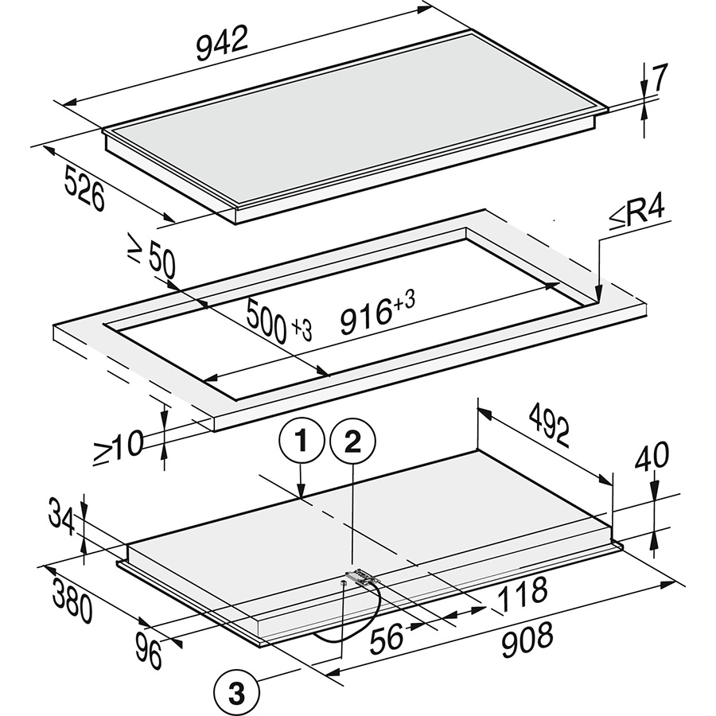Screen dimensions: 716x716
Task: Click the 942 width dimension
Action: tap(222, 43)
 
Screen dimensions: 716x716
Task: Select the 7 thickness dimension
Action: tap(660, 78)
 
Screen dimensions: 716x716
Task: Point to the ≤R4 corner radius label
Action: tap(636, 216)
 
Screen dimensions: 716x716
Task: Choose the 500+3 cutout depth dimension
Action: tap(279, 320)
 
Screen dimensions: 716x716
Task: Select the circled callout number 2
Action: tap(352, 442)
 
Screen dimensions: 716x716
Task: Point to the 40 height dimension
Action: tap(652, 456)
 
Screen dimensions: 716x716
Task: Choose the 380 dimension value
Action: tap(72, 600)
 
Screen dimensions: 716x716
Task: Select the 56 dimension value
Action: tap(387, 637)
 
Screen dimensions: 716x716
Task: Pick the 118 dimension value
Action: tap(523, 594)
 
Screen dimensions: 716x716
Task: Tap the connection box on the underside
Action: tap(363, 577)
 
